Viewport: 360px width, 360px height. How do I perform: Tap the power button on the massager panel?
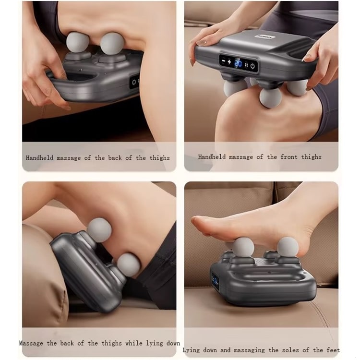coord(252,66)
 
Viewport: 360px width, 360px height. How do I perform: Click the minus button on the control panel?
coord(223,61)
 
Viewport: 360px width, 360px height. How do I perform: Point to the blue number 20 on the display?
coord(238,63)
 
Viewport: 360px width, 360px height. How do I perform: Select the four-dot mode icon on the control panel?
coord(246,65)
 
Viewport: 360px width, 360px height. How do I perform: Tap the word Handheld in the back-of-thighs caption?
coord(39,158)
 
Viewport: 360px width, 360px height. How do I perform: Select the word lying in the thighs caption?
coord(154,344)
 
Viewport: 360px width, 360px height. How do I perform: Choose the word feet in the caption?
coord(333,350)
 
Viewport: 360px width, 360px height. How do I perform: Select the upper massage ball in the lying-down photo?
coord(99,230)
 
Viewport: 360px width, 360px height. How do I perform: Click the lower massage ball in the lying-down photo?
coord(128,265)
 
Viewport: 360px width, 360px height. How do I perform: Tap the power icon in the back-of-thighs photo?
coord(133,82)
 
